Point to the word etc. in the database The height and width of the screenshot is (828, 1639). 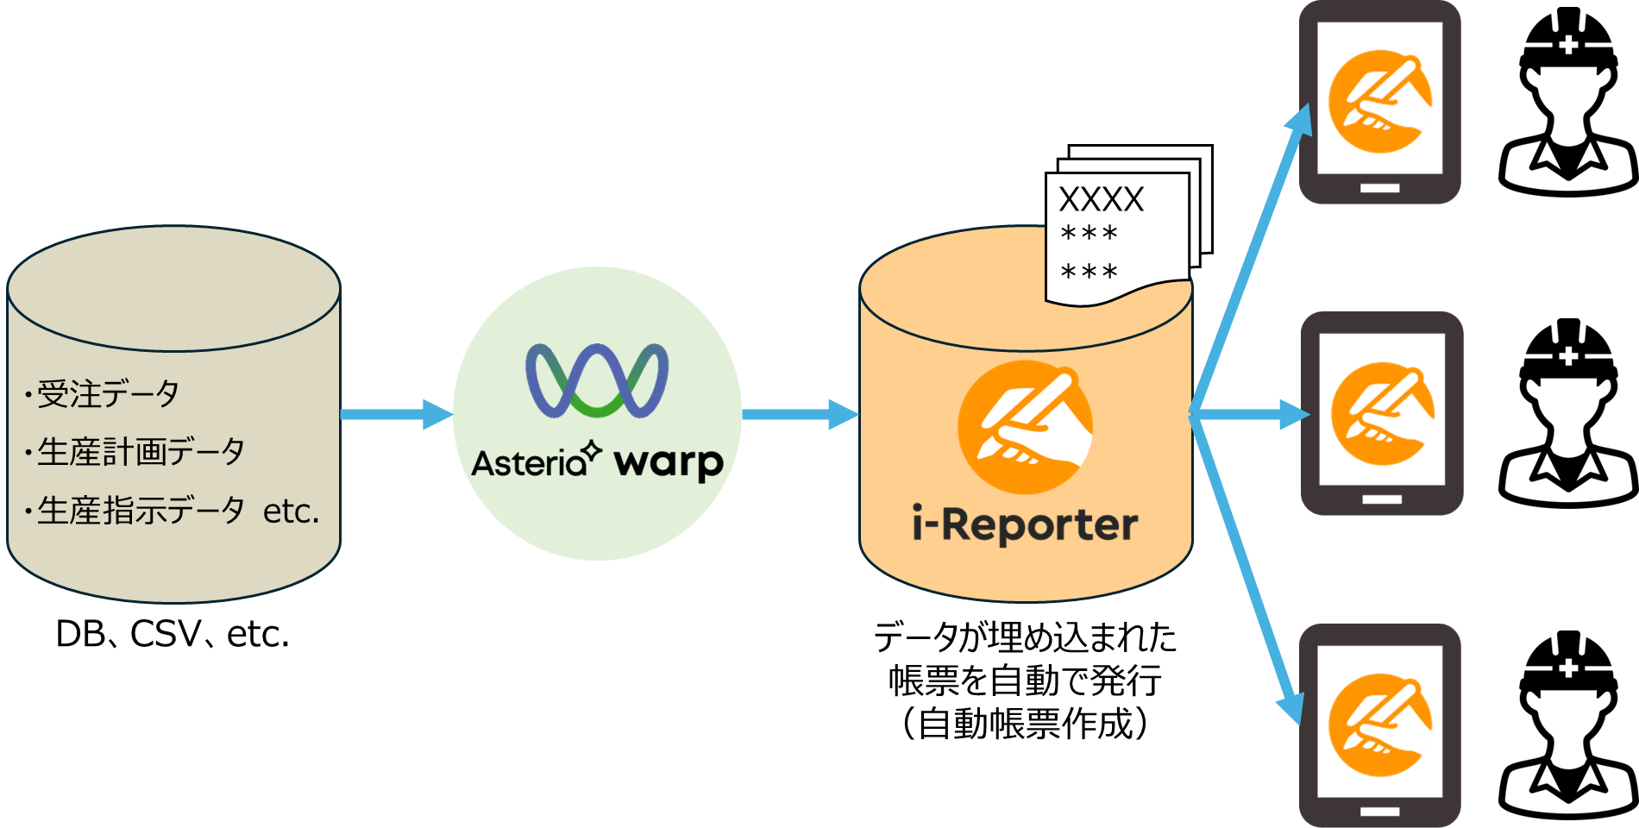tap(291, 511)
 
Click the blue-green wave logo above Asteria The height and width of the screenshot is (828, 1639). tap(597, 380)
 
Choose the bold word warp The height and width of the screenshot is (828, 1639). tap(669, 463)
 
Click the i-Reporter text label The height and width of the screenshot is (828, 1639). tap(1025, 524)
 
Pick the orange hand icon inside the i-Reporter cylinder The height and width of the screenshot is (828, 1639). tap(1025, 427)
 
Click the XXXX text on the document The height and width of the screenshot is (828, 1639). tap(1101, 200)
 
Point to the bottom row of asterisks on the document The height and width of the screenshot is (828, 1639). tap(1089, 273)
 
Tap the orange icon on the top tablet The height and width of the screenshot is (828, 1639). tap(1379, 102)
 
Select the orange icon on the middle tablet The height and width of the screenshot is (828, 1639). tap(1382, 414)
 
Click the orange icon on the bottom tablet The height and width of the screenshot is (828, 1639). tap(1379, 725)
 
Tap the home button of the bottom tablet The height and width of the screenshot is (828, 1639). tap(1379, 811)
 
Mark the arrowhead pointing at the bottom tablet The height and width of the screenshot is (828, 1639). tap(1290, 709)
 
